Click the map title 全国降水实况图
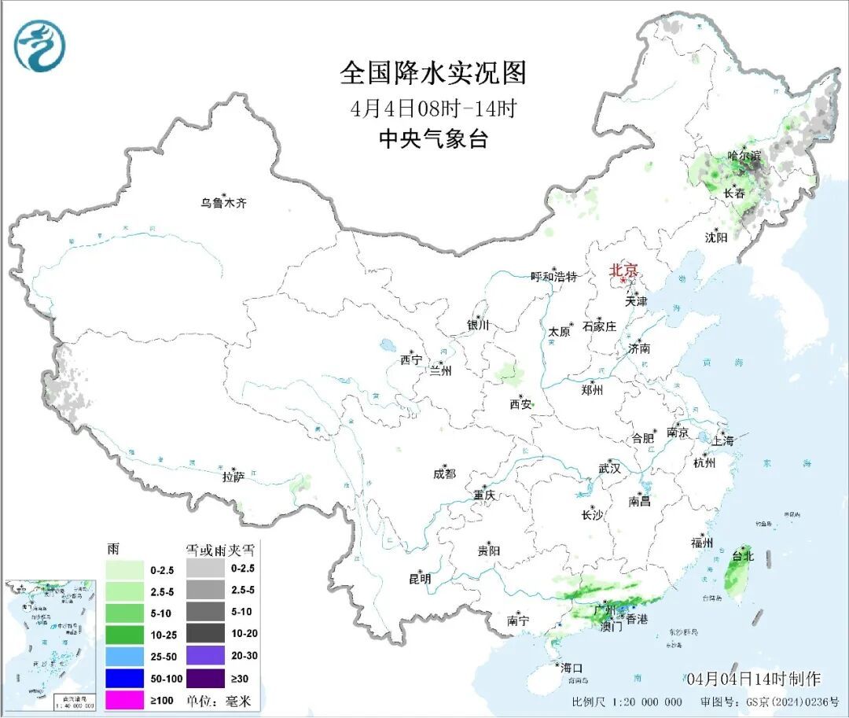click(432, 73)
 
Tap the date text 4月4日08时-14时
click(432, 107)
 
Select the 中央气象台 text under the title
click(433, 139)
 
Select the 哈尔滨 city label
click(744, 156)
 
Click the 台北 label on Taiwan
click(743, 555)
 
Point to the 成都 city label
click(444, 473)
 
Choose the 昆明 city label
click(420, 579)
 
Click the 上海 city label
click(722, 441)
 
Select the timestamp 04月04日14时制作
click(752, 679)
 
